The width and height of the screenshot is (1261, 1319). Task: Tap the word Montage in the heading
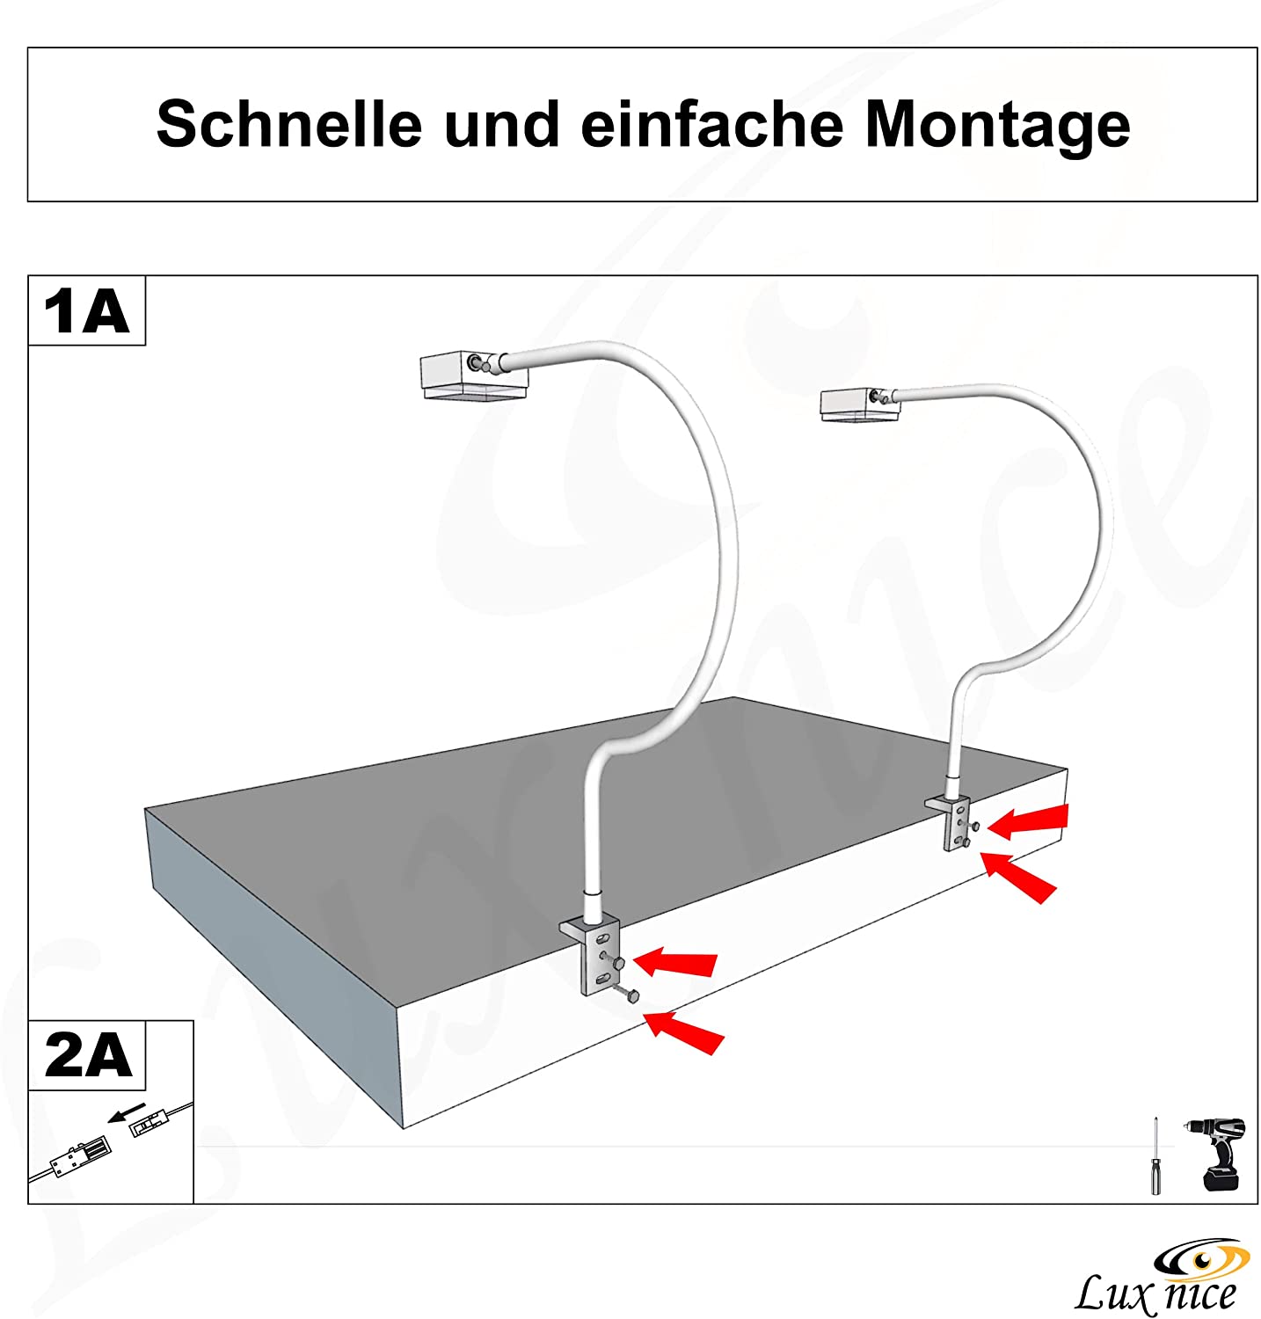tap(997, 126)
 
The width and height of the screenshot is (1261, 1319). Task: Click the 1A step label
tap(86, 311)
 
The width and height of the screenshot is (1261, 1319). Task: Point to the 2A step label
tap(87, 1055)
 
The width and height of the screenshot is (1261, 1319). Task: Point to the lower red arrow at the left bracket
tap(685, 1032)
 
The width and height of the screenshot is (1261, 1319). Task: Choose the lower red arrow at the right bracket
tap(1020, 877)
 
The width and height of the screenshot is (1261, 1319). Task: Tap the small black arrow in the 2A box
tap(126, 1112)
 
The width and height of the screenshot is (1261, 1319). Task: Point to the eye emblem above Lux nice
tap(1201, 1258)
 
